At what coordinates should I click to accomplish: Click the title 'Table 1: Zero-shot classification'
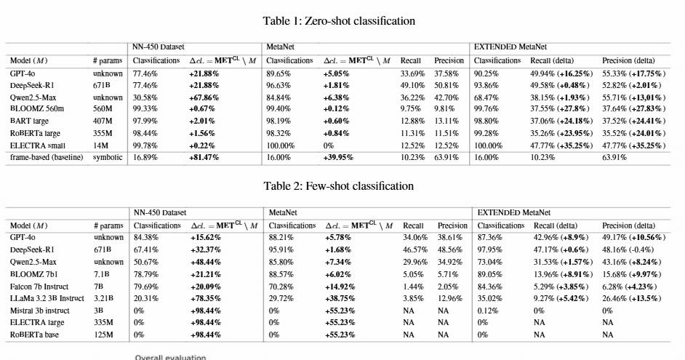339,21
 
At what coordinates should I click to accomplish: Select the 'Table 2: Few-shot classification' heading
339,186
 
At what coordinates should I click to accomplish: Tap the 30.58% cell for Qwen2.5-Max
145,97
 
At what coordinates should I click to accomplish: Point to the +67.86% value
204,97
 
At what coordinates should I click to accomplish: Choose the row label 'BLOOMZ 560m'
36,109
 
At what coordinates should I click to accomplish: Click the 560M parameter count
103,109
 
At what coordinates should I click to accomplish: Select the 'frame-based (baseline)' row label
47,157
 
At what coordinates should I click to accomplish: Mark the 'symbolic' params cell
108,157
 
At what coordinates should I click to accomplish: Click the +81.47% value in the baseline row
204,157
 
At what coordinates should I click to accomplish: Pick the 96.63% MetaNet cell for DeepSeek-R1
279,85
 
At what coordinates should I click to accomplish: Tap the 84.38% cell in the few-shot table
146,238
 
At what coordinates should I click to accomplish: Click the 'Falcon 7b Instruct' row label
39,287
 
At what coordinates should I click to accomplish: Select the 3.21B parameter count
103,298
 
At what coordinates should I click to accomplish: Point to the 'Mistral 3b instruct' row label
40,311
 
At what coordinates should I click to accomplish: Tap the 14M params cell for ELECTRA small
100,145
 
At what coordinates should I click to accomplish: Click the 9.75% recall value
411,109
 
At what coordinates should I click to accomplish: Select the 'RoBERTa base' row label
34,335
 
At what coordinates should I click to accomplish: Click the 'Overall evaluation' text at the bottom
170,357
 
